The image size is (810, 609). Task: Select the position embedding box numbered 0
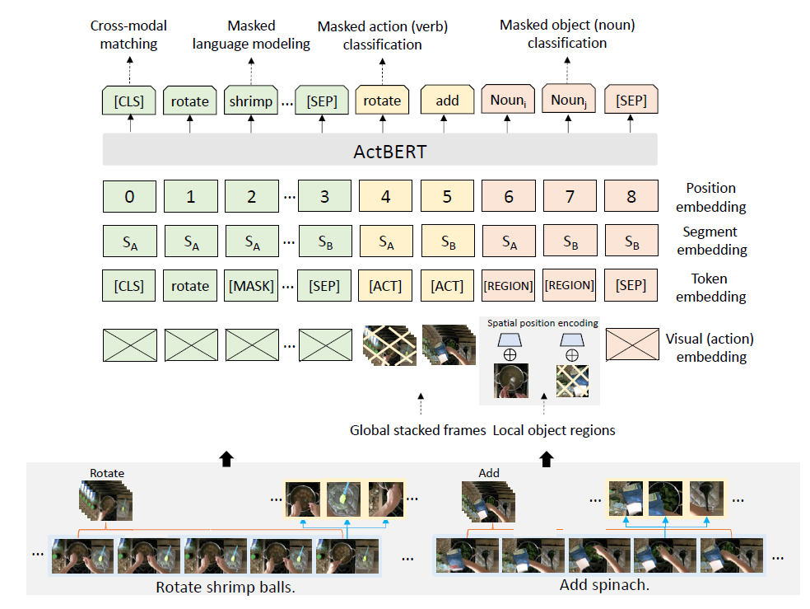(x=129, y=197)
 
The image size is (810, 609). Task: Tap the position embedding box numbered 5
(x=447, y=197)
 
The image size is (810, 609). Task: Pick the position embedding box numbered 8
(x=631, y=197)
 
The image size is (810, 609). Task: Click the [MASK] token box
(x=251, y=286)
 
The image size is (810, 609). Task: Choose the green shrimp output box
(x=251, y=101)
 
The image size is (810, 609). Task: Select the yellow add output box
(x=447, y=101)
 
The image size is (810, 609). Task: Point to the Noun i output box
(x=508, y=101)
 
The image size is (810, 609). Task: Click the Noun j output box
(x=569, y=101)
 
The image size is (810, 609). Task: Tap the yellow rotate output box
(x=382, y=101)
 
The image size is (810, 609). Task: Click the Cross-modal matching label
(x=128, y=35)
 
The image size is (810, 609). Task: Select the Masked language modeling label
(x=251, y=35)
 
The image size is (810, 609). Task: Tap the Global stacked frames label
(x=419, y=430)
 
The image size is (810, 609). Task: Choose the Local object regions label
(x=554, y=430)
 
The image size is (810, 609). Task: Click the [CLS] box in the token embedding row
(x=129, y=286)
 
